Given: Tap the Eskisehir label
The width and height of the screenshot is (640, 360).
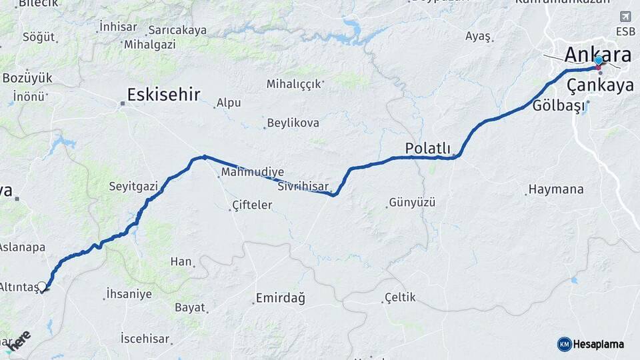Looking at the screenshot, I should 163,94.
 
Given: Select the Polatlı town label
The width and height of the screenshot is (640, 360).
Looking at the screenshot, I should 427,148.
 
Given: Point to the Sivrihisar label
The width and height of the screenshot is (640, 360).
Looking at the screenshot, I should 304,185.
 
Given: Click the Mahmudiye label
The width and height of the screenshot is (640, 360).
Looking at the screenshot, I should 252,172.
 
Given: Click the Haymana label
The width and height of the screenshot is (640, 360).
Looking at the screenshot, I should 556,189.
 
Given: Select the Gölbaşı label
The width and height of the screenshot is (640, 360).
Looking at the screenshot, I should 559,106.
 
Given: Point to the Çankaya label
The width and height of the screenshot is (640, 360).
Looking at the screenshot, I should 600,85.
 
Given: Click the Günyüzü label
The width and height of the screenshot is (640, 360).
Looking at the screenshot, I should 411,201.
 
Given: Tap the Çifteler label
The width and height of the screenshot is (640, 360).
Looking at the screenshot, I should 252,205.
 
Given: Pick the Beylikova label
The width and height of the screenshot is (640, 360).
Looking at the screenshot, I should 292,123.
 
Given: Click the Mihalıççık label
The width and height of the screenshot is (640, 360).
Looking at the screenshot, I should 294,84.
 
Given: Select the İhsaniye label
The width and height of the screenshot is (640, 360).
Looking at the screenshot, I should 129,293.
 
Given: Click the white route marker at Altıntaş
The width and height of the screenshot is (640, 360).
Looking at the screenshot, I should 42,287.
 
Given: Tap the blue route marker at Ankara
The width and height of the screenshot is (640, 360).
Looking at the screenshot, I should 599,61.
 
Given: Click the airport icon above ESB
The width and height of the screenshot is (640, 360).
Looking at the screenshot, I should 625,17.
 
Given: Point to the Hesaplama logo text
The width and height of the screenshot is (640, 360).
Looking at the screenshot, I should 599,344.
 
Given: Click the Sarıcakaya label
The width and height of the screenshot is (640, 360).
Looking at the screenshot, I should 177,30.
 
